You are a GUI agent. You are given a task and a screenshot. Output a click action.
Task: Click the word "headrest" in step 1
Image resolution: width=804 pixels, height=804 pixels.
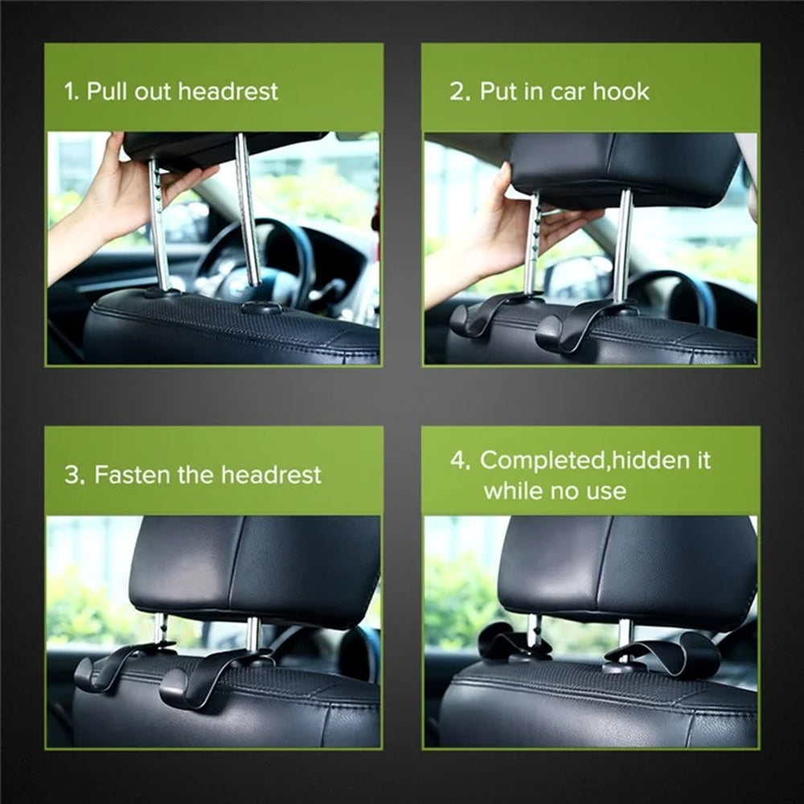pyautogui.click(x=228, y=91)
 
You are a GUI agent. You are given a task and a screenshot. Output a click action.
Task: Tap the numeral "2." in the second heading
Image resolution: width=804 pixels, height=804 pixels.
pyautogui.click(x=459, y=92)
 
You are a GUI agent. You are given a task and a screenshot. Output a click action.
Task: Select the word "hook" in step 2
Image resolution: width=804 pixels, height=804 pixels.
pyautogui.click(x=621, y=92)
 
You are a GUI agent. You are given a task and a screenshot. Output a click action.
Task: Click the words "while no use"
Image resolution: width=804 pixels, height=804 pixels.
pyautogui.click(x=555, y=491)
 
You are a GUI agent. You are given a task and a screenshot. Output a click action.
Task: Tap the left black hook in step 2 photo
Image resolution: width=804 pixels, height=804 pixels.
pyautogui.click(x=482, y=314)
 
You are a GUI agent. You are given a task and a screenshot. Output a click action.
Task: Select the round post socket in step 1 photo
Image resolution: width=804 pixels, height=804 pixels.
pyautogui.click(x=261, y=307)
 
